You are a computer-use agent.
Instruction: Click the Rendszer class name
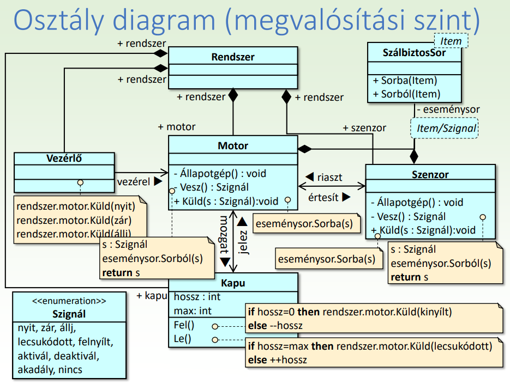point(233,57)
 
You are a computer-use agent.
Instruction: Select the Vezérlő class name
point(64,158)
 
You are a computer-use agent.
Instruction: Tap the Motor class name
point(233,145)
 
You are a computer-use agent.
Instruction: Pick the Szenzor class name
point(430,175)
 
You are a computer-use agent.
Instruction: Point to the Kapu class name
point(233,283)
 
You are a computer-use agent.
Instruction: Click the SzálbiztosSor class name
point(414,53)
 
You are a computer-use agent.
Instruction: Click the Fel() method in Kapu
point(183,326)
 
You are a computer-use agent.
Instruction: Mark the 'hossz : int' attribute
point(197,297)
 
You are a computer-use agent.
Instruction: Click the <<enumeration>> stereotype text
point(69,301)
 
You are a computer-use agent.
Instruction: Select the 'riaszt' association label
point(330,177)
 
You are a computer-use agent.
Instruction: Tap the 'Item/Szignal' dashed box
point(444,129)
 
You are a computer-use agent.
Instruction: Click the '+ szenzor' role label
point(364,127)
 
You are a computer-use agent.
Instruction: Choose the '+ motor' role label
point(177,126)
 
